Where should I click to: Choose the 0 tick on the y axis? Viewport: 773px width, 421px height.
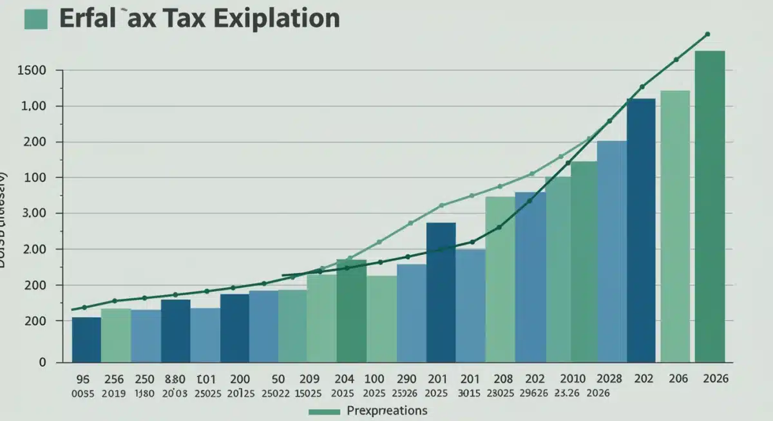click(x=42, y=362)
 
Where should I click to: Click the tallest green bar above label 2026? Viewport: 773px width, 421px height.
click(x=709, y=206)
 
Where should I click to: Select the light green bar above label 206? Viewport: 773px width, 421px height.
click(x=674, y=225)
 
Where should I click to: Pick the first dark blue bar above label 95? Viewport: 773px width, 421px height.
click(x=86, y=339)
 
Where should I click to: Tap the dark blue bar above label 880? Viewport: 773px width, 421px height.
click(x=175, y=330)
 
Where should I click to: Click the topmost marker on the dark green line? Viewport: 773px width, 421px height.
click(x=707, y=34)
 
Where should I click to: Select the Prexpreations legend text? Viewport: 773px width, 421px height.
click(x=386, y=410)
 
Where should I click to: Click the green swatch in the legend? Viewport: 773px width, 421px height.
click(x=325, y=411)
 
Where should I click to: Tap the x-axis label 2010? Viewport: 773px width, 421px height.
click(x=573, y=379)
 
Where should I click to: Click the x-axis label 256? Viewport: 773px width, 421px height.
click(x=113, y=379)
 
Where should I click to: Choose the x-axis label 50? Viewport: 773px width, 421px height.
click(x=279, y=379)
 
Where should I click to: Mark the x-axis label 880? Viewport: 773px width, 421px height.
click(x=175, y=379)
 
